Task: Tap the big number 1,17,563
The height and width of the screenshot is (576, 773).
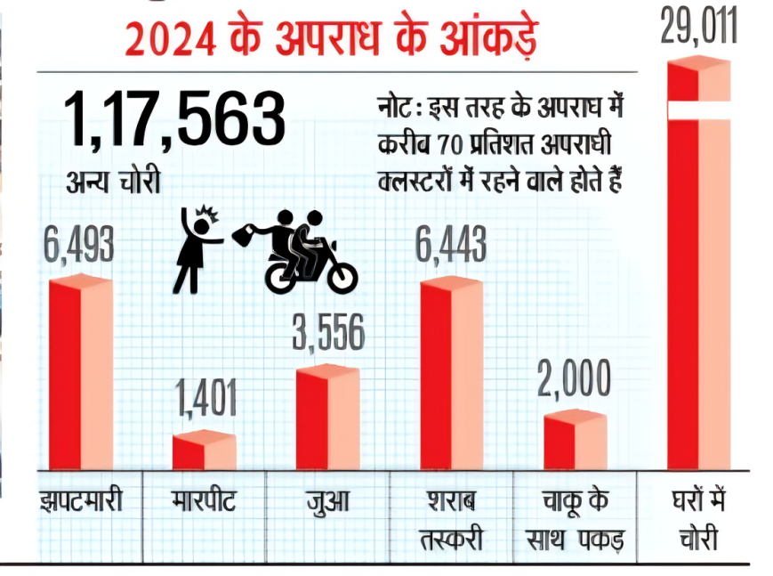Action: coord(174,121)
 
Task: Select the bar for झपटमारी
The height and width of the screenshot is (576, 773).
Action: coord(80,374)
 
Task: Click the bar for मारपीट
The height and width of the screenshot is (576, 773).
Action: coord(204,450)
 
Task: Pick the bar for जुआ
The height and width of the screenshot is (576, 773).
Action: coord(327,418)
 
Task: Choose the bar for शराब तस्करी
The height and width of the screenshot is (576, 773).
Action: coord(451,374)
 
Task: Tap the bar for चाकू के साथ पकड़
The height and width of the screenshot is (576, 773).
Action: coord(575,441)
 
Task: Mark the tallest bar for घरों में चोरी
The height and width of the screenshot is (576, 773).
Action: coord(698,267)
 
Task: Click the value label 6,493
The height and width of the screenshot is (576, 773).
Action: coord(79,244)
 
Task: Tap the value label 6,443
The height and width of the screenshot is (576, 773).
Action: coord(451,244)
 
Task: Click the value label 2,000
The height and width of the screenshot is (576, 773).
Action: coord(575,379)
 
